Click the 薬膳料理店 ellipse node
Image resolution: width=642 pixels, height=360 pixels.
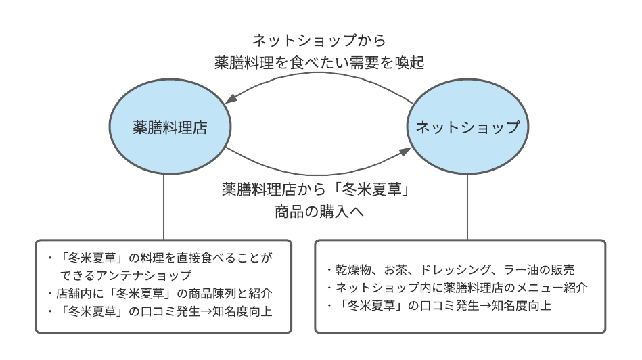(x=170, y=127)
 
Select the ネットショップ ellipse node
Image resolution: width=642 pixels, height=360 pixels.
(x=467, y=127)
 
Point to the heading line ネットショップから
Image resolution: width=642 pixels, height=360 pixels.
(x=319, y=40)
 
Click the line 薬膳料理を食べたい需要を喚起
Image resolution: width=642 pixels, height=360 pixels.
(x=319, y=63)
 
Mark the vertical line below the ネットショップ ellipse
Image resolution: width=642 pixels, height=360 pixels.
(x=467, y=206)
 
